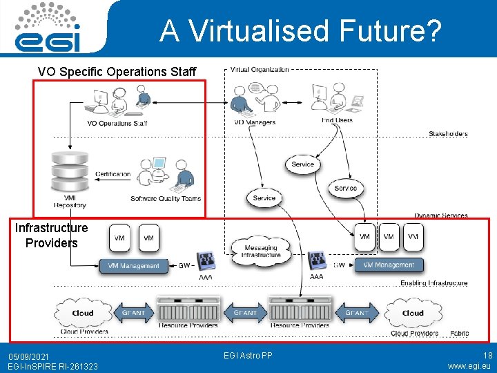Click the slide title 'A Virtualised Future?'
300,30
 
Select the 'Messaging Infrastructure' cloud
261,251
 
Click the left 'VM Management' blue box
134,265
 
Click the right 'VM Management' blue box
389,265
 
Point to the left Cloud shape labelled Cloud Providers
82,312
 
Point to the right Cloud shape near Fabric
413,312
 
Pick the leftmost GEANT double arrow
133,312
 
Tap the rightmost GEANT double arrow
356,312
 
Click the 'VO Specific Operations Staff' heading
117,72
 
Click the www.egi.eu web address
469,366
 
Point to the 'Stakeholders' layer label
447,134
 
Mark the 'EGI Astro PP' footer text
248,356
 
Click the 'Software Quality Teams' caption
166,199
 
